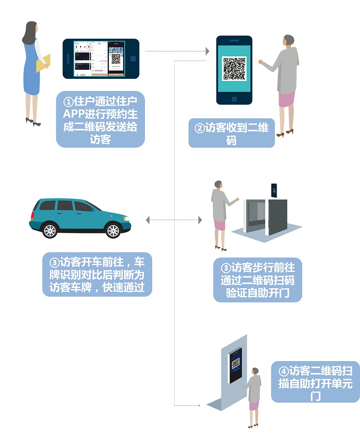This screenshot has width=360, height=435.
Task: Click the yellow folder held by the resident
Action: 43,63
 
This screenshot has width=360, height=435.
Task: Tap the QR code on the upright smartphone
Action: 234,68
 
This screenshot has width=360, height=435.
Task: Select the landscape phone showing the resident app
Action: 101,59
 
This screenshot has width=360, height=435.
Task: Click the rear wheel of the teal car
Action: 49,231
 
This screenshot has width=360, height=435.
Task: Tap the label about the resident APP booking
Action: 100,119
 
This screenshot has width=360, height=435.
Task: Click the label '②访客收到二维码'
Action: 231,134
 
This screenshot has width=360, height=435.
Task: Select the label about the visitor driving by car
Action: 97,274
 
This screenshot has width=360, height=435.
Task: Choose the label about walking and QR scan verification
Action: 257,280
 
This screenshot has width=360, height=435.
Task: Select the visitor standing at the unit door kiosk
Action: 255,394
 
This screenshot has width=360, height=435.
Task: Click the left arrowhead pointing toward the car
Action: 148,220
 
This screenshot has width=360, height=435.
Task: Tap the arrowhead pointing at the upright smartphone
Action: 207,51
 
